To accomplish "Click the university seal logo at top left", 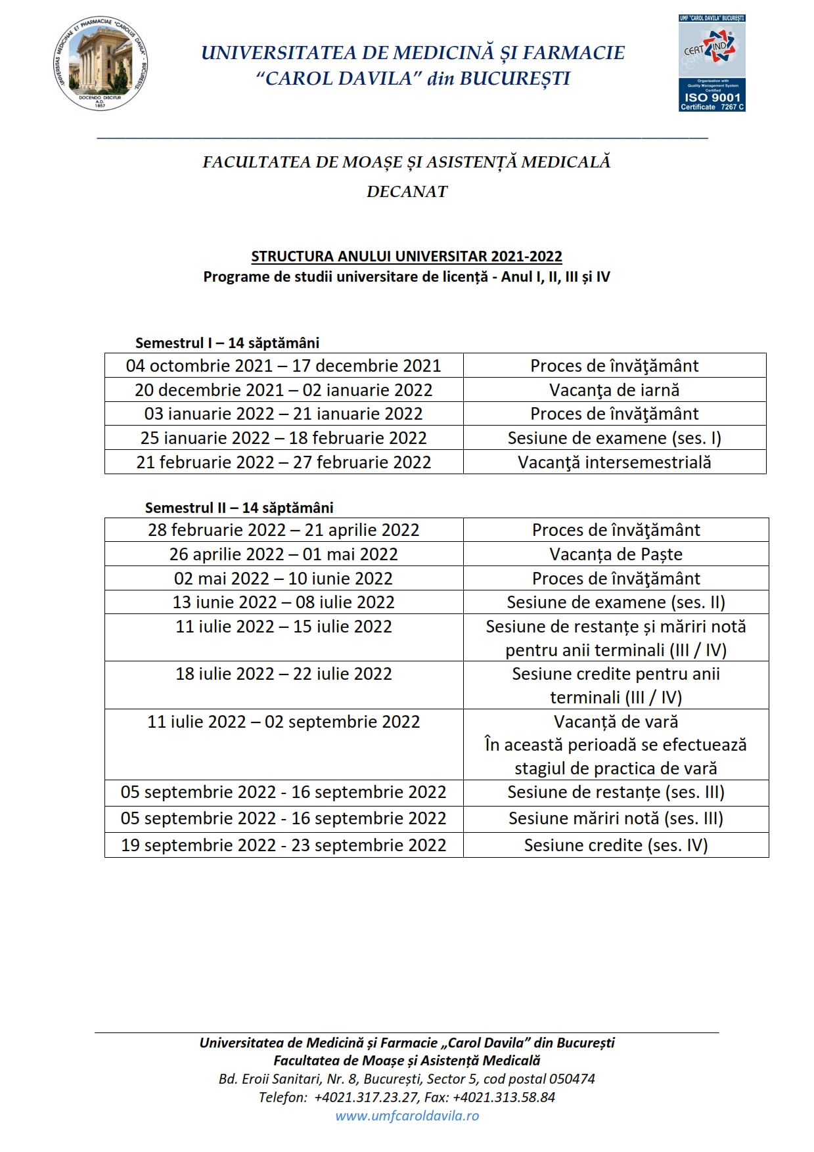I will (x=100, y=64).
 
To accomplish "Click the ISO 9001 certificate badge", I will (x=712, y=63).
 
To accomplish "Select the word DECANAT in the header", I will (x=407, y=192).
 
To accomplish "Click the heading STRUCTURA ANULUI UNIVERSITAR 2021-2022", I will (x=407, y=256).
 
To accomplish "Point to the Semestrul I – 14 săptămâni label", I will (x=227, y=343).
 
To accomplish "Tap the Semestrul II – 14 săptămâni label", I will (x=239, y=508).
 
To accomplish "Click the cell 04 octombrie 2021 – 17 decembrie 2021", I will (x=284, y=366).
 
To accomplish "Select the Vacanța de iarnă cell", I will (x=614, y=390).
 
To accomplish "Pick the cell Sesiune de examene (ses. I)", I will (x=614, y=438).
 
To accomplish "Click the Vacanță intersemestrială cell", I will (x=614, y=462).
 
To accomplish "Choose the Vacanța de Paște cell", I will (x=616, y=554).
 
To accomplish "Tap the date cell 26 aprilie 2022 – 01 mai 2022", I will (x=284, y=554).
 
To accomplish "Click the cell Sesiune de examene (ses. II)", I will (x=616, y=602).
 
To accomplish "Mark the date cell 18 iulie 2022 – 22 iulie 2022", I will (x=284, y=674).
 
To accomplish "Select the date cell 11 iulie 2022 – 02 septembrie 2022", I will (x=284, y=722).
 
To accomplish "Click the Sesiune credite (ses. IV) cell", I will (x=616, y=845).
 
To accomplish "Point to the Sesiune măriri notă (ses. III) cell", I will (x=616, y=819).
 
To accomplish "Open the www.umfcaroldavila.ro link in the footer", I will (x=407, y=1115).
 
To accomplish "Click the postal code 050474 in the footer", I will (x=571, y=1078).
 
